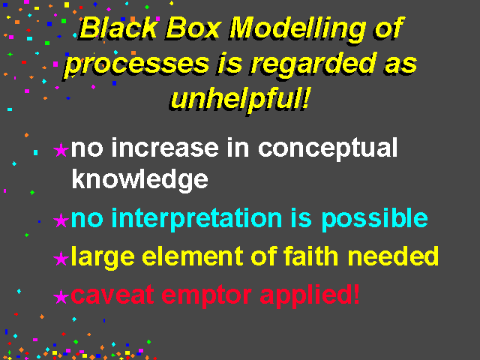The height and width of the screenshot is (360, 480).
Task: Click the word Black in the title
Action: tap(118, 28)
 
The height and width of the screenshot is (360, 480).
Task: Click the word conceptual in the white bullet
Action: tap(328, 148)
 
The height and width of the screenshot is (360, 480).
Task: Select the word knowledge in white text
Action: tap(140, 180)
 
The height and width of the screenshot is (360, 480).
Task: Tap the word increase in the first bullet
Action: tap(165, 148)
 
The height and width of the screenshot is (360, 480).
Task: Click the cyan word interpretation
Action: tap(196, 219)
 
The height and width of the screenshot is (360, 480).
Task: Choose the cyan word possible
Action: tap(374, 219)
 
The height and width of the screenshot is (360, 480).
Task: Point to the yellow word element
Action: tap(193, 256)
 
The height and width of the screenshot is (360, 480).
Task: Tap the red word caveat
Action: tap(112, 295)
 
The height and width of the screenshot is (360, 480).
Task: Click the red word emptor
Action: tap(207, 296)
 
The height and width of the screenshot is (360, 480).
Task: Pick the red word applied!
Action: tap(310, 295)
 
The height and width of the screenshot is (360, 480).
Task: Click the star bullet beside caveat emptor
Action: tap(61, 297)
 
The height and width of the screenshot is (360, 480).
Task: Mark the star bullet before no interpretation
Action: tap(61, 220)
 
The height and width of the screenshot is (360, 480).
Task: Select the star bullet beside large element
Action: tap(61, 258)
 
